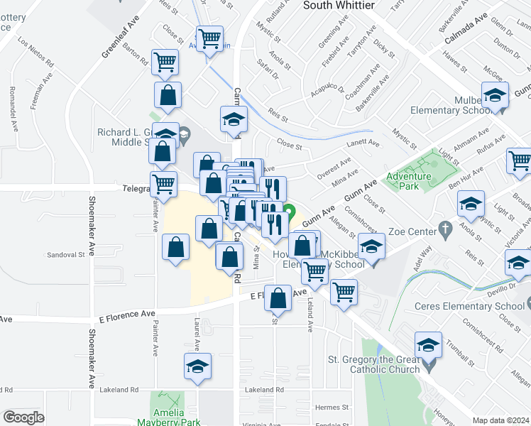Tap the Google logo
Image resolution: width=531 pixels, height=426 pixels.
tap(23, 417)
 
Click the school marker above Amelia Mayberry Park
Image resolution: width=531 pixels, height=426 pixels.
tap(198, 366)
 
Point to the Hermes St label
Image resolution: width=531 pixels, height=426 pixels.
tap(332, 407)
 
